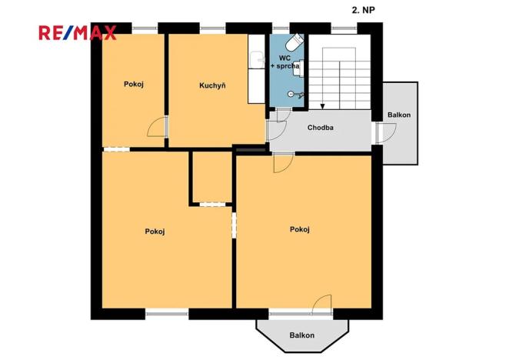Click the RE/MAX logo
pyautogui.click(x=77, y=32)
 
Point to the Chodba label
pyautogui.click(x=320, y=128)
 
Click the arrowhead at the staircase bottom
pyautogui.click(x=322, y=106)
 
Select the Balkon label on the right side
pyautogui.click(x=399, y=115)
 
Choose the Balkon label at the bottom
pyautogui.click(x=301, y=335)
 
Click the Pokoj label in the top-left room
pyautogui.click(x=135, y=85)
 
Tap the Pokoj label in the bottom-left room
pyautogui.click(x=155, y=231)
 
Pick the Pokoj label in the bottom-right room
pyautogui.click(x=300, y=229)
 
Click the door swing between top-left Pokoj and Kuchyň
pyautogui.click(x=157, y=128)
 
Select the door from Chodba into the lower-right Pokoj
pyautogui.click(x=283, y=162)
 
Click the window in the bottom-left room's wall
pyautogui.click(x=167, y=312)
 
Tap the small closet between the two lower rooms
pyautogui.click(x=211, y=178)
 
